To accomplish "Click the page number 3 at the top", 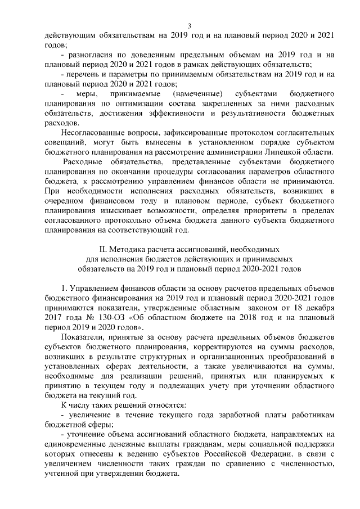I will [x=190, y=25].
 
